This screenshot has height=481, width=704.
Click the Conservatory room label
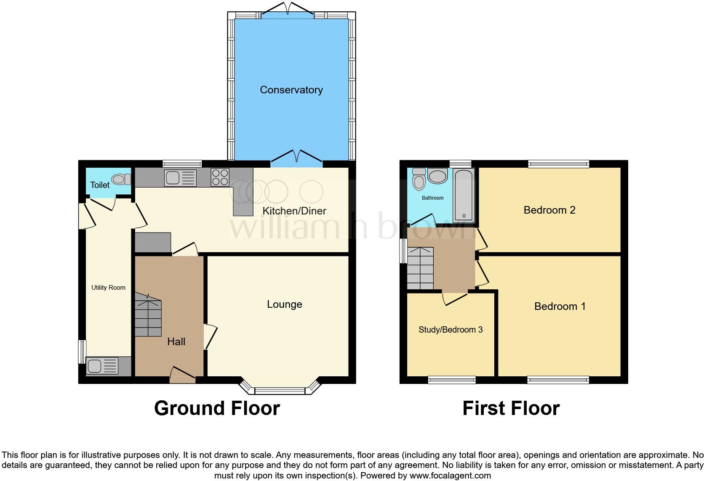point(291,90)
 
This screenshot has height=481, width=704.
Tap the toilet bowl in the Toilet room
point(119,179)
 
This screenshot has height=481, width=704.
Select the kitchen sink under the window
point(180,178)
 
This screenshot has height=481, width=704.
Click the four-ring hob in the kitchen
point(220,177)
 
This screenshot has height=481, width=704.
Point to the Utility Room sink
point(102,365)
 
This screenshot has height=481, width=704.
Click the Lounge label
point(284,304)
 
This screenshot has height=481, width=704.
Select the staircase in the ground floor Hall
point(148,317)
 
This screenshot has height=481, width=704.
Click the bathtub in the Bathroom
point(464,196)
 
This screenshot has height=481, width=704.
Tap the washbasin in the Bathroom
point(437,176)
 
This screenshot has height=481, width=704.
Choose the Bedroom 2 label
point(549,210)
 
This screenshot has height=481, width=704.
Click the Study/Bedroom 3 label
point(450,330)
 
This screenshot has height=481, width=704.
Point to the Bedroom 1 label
point(560,306)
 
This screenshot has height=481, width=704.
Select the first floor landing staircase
point(420,268)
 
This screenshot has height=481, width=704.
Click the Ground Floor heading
point(217,408)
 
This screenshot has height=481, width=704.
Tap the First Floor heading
point(511,408)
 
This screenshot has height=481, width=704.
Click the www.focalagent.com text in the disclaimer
point(450,476)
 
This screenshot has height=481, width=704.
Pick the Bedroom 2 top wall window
point(558,164)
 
